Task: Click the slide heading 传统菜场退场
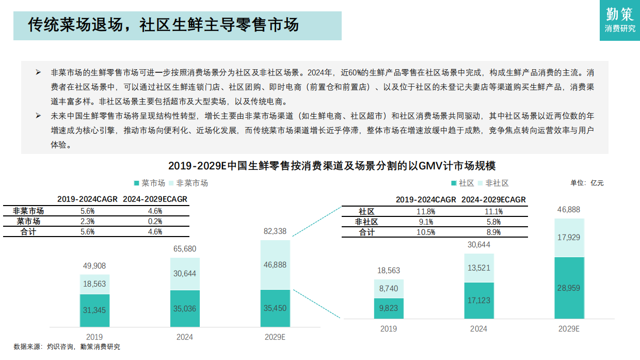coord(163,25)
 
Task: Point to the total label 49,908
coord(94,266)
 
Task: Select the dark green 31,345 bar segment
coord(94,310)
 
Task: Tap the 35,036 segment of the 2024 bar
coord(184,309)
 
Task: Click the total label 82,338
coord(275,231)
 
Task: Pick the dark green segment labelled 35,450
coord(275,308)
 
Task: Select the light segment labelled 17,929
coord(569,238)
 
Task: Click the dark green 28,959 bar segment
coord(569,288)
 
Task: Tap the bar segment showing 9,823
coord(388,308)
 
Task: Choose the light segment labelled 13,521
coord(478,268)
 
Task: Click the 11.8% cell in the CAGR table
coord(426,211)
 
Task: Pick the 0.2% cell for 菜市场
coord(155,222)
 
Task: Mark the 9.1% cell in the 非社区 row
coord(426,222)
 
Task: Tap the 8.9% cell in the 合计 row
coord(493,232)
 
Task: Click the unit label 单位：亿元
coord(586,183)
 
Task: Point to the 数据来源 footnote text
coord(67,347)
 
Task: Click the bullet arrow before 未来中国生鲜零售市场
coord(38,116)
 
